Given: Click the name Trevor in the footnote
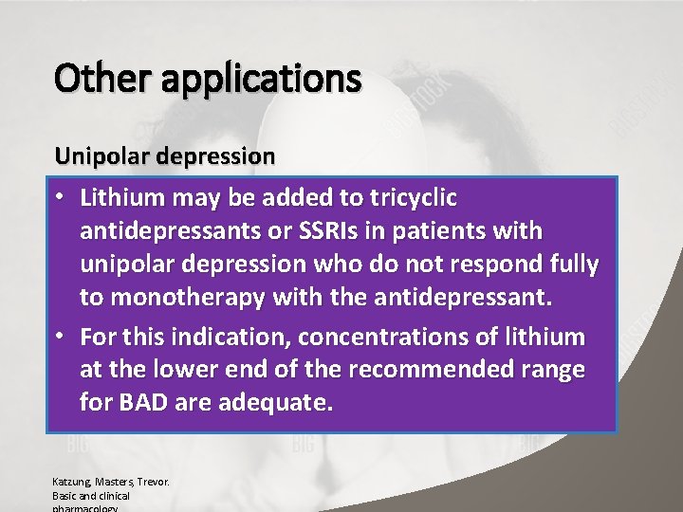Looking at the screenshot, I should [151, 482].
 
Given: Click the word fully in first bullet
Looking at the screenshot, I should [571, 265].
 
